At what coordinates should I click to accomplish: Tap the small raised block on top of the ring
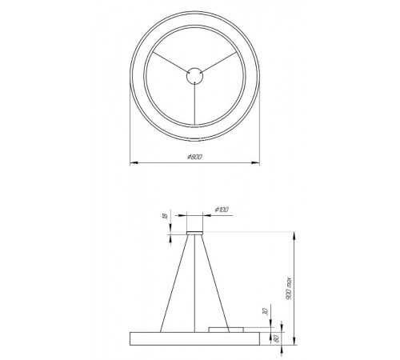pyautogui.click(x=226, y=328)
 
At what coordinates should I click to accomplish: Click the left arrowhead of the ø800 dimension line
pyautogui.click(x=133, y=162)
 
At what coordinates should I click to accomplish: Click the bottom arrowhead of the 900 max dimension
pyautogui.click(x=294, y=342)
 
